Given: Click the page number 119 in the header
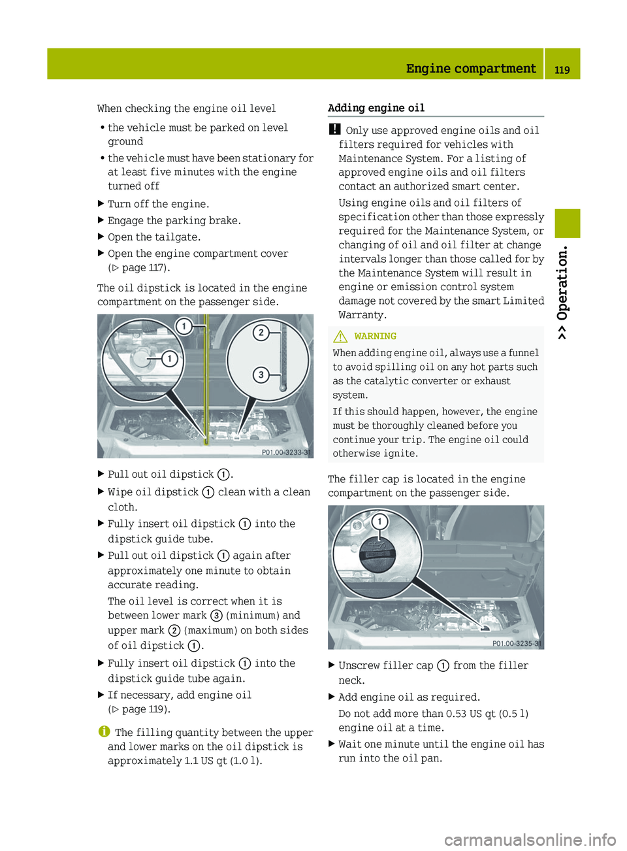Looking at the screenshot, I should click(x=562, y=69).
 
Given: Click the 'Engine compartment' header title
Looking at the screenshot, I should click(x=470, y=69).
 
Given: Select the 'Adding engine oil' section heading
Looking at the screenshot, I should click(x=376, y=108).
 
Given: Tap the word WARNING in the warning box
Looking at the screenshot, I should click(x=375, y=336).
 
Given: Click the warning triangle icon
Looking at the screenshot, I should click(x=340, y=337).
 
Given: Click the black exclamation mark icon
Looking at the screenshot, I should click(x=334, y=129).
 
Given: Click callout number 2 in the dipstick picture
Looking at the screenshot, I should click(x=261, y=333).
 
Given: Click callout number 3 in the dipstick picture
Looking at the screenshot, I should click(x=261, y=375).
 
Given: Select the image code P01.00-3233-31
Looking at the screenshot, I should click(x=286, y=452).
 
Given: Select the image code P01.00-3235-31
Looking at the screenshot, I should click(x=517, y=643).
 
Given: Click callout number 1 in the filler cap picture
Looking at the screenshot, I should click(x=379, y=522).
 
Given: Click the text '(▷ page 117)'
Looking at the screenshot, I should click(x=139, y=267).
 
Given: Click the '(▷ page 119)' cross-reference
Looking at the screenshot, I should click(x=139, y=709).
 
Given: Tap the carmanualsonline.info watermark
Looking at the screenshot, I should click(x=530, y=839).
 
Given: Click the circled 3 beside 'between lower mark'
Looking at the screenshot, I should click(x=216, y=616).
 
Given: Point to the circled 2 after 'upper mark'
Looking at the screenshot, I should click(x=174, y=631).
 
